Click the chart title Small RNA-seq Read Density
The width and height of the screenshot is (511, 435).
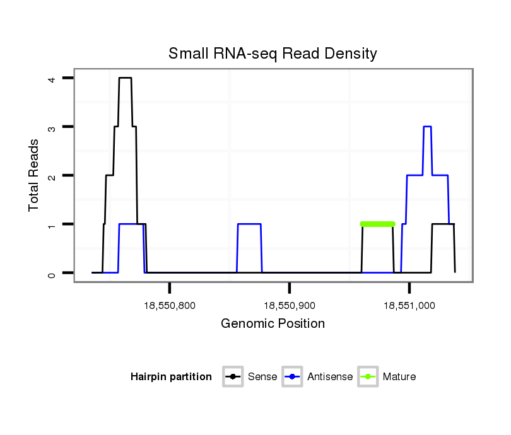pos(273,54)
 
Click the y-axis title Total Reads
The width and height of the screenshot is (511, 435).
pos(34,175)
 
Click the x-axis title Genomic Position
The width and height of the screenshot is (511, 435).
pos(273,324)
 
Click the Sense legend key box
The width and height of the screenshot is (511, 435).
pos(233,377)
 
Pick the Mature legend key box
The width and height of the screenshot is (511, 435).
pos(367,377)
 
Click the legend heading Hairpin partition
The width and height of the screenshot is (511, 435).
pos(171,377)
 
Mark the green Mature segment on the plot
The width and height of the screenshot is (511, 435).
pos(377,224)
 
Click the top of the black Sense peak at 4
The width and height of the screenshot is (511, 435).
pos(125,78)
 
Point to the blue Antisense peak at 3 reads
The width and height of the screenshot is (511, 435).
pos(427,127)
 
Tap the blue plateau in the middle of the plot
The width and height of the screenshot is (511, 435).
pos(249,224)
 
